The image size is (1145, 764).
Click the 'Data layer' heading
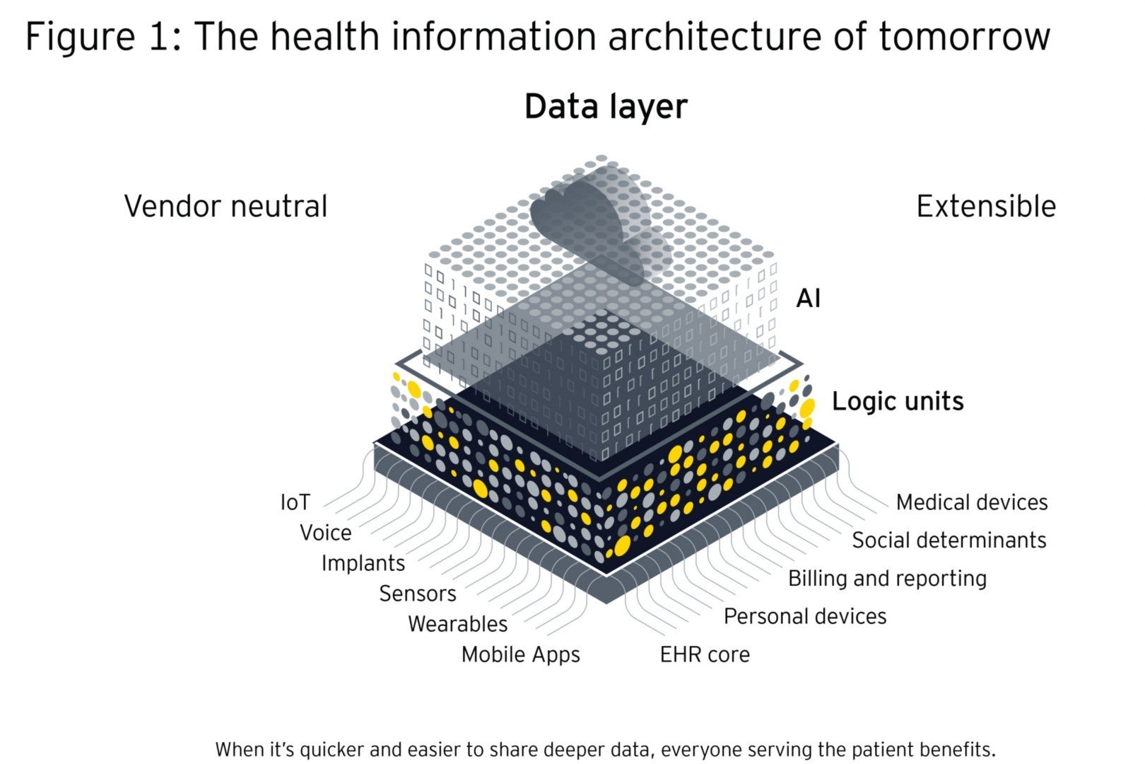tap(606, 108)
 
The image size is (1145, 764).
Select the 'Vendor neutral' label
tap(226, 207)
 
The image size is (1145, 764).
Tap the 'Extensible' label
tap(986, 207)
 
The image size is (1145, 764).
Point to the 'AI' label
tap(809, 299)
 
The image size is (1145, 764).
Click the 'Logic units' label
tap(898, 401)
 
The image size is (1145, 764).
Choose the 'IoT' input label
tap(295, 502)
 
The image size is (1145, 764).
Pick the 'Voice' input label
tap(326, 533)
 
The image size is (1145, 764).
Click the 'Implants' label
tap(363, 563)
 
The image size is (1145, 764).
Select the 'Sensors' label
tap(418, 594)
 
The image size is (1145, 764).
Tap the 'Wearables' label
tap(458, 624)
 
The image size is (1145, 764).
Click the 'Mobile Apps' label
tap(521, 655)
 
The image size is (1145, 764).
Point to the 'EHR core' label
tap(705, 655)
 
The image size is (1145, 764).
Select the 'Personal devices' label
tap(805, 617)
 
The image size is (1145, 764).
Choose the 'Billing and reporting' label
tap(887, 579)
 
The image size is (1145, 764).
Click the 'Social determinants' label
tap(949, 540)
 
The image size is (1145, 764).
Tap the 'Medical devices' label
tap(972, 502)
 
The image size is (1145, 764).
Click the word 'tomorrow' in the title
tap(965, 37)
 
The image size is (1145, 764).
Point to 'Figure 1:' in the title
tap(104, 37)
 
